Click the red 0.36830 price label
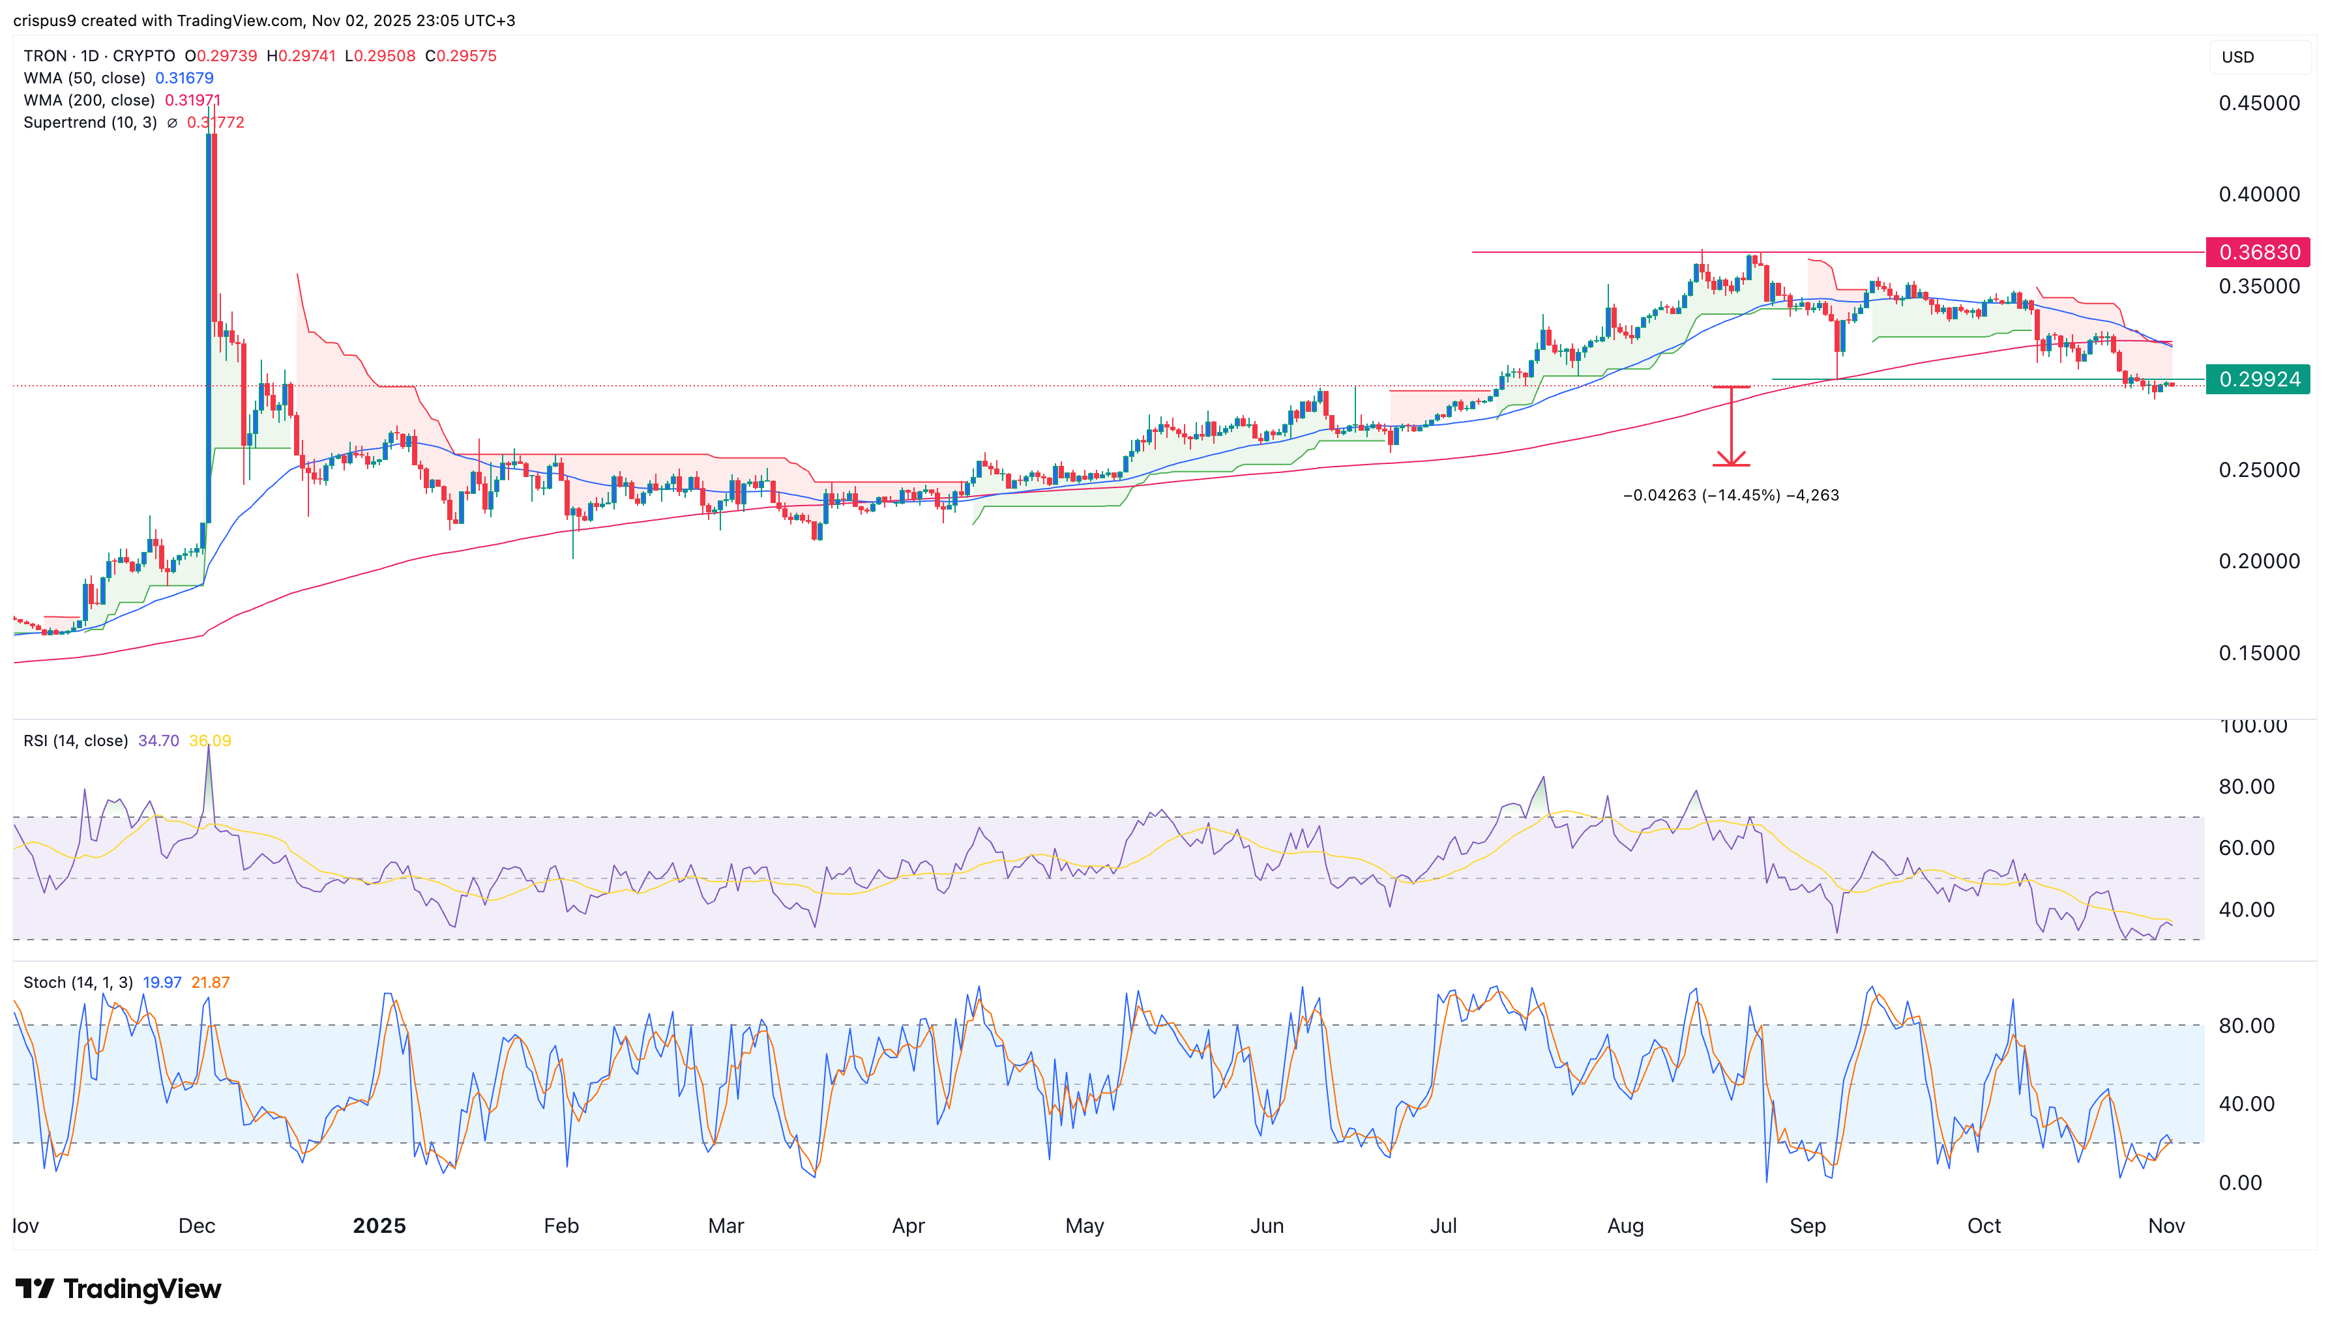pos(2257,252)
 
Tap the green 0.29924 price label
pos(2257,379)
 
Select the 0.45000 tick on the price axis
pos(2259,103)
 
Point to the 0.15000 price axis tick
pos(2259,653)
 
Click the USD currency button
pos(2238,57)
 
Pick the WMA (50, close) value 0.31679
pos(184,78)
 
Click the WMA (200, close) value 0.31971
pos(192,100)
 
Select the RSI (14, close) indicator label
pos(76,741)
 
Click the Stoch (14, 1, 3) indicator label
pos(78,983)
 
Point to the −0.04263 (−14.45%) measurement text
pos(1731,495)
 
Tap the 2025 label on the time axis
pos(379,1226)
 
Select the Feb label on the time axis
pos(561,1226)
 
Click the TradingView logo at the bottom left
pos(119,1289)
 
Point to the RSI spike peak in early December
pos(208,748)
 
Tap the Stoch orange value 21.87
pos(211,983)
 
